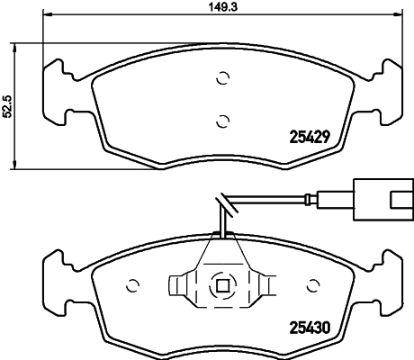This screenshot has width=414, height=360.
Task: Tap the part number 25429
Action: click(x=310, y=137)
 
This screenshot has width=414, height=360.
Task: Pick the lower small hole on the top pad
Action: click(x=222, y=118)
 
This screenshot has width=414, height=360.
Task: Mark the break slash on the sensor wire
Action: click(x=221, y=205)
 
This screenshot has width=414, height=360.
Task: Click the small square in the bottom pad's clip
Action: click(x=221, y=285)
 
